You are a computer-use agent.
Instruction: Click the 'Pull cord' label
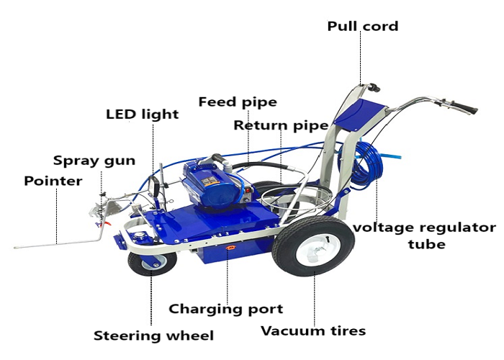click(x=362, y=27)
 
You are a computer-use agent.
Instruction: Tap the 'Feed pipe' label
click(x=238, y=102)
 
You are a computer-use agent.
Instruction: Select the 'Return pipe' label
click(x=281, y=125)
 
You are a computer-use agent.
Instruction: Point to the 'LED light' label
click(x=142, y=114)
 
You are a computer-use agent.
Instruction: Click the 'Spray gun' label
click(x=94, y=160)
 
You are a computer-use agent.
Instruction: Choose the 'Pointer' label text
click(x=53, y=180)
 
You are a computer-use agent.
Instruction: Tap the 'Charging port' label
click(x=225, y=309)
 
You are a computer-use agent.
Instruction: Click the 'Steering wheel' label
click(x=153, y=336)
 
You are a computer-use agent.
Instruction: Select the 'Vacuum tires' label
click(x=313, y=331)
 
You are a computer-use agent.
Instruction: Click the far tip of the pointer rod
click(x=16, y=248)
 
